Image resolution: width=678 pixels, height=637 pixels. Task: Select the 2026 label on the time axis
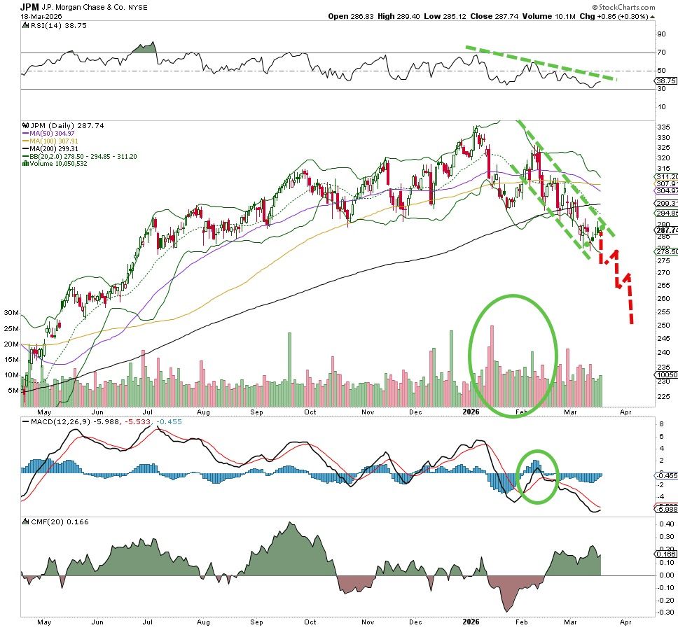coord(471,412)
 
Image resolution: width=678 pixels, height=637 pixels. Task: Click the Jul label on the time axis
coord(148,412)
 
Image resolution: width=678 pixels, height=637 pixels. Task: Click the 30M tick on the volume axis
coord(11,313)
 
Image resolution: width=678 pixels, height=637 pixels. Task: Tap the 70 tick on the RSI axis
coord(660,52)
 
